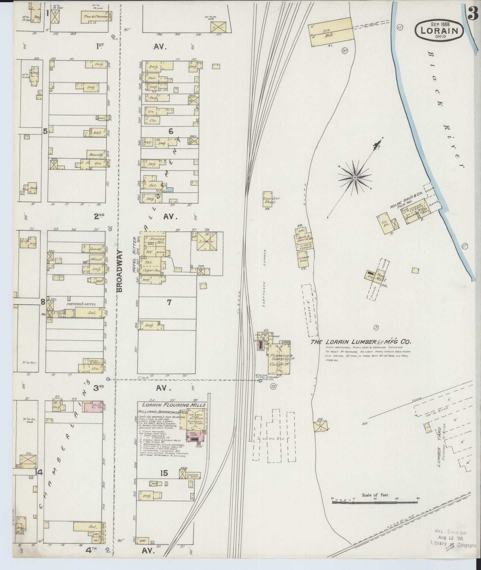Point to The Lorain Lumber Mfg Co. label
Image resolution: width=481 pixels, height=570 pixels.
point(361,342)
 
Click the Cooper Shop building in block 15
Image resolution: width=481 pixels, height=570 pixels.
point(193,475)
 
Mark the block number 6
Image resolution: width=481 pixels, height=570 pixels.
point(171,131)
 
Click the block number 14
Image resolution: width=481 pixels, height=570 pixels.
point(40,472)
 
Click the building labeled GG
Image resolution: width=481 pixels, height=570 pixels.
point(320,426)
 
